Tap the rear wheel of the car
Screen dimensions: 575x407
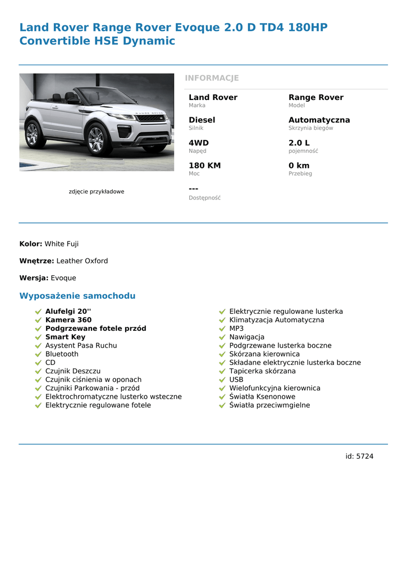[33, 135]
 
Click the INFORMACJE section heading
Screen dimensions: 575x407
[212, 78]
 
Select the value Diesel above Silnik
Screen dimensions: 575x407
[202, 120]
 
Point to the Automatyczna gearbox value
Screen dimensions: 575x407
[319, 120]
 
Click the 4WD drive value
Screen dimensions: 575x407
[198, 143]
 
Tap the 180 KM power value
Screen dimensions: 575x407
[204, 166]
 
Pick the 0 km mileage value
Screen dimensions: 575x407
[299, 166]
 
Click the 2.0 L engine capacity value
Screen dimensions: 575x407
[299, 143]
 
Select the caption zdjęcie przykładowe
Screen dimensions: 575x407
[97, 191]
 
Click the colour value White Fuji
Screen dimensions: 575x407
[62, 244]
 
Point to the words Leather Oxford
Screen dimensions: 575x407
[82, 261]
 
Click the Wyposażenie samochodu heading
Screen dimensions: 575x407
[77, 296]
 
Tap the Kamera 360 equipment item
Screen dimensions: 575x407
[68, 320]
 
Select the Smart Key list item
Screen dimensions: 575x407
[65, 337]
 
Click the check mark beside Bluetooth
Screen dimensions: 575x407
[38, 354]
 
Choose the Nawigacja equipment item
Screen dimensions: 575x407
[246, 337]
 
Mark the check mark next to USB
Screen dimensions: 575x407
[222, 380]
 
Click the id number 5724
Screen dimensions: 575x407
[365, 457]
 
